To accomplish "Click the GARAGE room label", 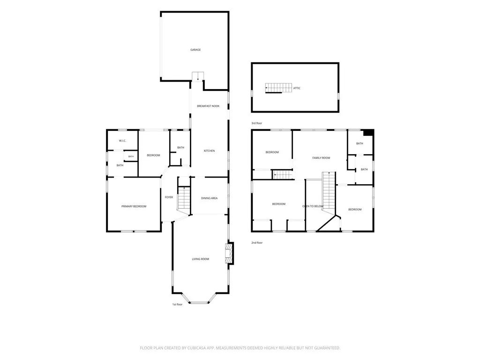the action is [195, 50].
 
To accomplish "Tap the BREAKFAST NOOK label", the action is [208, 106].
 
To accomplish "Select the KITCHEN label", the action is [210, 150].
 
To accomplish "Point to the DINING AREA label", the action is [210, 198].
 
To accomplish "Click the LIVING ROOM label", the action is [201, 259].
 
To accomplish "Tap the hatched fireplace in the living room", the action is [229, 254].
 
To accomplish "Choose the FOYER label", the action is [169, 197].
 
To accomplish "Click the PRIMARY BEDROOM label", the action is [134, 206].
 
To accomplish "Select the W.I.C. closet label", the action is [122, 141].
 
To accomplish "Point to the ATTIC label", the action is [297, 88].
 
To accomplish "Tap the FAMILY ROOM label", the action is [321, 157].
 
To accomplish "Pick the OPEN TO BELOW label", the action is [313, 206].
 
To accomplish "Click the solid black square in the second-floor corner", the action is [368, 133].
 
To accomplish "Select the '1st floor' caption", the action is [177, 304].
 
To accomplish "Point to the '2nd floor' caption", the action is [257, 242].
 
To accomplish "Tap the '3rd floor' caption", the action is [257, 123].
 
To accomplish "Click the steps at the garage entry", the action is [198, 76].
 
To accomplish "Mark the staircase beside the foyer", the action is [184, 198].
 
